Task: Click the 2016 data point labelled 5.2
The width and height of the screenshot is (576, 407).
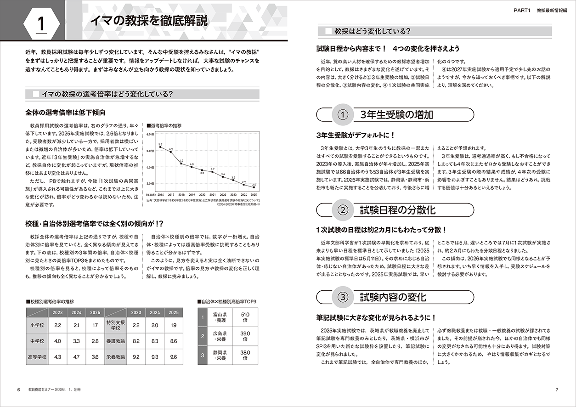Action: pos(160,147)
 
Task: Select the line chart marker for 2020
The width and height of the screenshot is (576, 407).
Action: pos(202,169)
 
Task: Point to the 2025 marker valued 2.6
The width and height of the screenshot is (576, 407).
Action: pos(254,187)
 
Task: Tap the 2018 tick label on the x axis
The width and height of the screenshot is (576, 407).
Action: pos(181,194)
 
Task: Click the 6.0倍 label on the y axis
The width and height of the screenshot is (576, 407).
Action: pos(150,134)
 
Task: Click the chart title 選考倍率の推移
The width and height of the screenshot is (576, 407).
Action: pos(166,124)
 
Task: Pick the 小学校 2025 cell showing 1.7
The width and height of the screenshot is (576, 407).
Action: pos(95,325)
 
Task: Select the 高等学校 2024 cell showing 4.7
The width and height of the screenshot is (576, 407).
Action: pos(76,356)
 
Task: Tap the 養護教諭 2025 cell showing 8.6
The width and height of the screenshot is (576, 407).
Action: pos(174,341)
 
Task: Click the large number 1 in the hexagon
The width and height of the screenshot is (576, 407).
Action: pos(41,23)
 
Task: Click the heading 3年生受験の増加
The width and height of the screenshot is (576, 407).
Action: pos(397,115)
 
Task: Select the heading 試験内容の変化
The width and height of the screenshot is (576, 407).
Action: pos(393,296)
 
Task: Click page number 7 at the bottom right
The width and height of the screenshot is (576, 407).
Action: pos(557,390)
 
